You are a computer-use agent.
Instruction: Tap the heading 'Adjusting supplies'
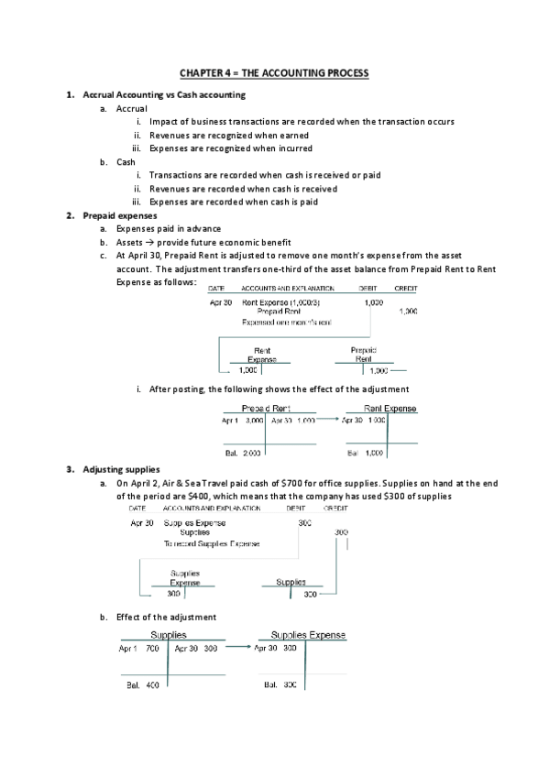(x=121, y=469)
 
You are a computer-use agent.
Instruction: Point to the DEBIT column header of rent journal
(x=369, y=288)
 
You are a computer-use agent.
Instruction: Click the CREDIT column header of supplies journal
(x=336, y=507)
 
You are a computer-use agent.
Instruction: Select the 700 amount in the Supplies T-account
(x=152, y=648)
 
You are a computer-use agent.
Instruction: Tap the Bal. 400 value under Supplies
(x=141, y=684)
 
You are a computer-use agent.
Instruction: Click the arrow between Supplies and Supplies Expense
(x=237, y=648)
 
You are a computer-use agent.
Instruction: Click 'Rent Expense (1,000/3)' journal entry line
(x=280, y=301)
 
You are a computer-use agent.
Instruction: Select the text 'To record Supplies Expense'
(x=211, y=543)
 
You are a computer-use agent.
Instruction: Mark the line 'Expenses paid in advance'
(x=168, y=228)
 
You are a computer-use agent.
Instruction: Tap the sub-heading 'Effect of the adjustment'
(x=166, y=617)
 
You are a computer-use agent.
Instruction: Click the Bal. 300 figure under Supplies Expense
(x=280, y=684)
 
